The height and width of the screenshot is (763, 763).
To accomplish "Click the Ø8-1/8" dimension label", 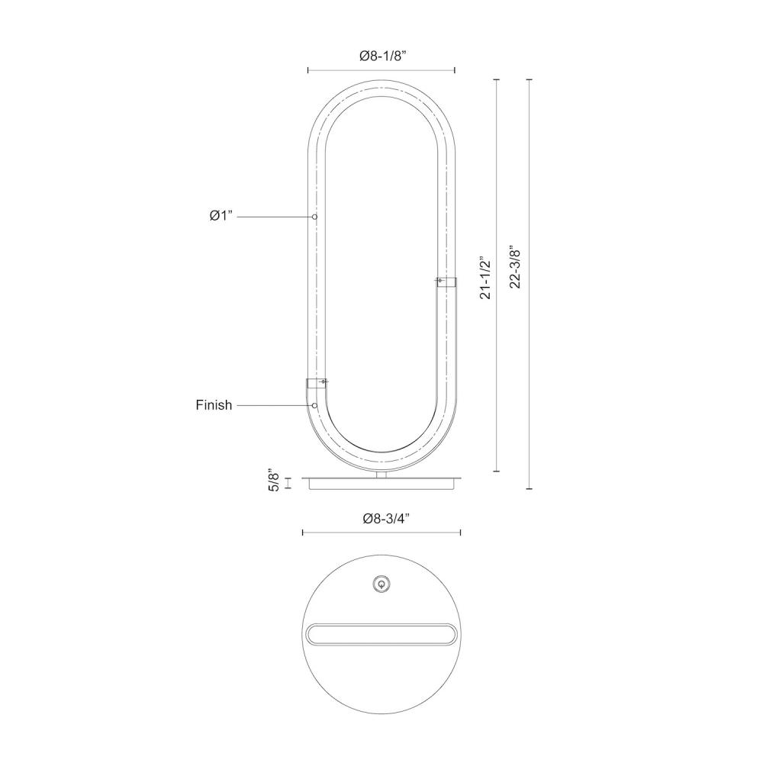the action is (x=382, y=56).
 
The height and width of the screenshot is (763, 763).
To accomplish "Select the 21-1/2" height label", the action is (x=485, y=278).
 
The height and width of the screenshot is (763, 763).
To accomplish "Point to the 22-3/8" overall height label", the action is (x=515, y=268).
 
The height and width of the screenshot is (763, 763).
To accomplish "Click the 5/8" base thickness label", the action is (x=275, y=481).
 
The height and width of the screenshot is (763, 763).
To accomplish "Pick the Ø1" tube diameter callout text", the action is (x=222, y=216).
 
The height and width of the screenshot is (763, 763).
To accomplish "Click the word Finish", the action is (x=214, y=405).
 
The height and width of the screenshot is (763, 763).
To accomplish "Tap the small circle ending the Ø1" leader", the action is (x=315, y=217).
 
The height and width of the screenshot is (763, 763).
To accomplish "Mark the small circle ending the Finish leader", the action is (x=315, y=405).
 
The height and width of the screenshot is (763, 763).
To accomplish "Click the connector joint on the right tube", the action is (x=446, y=282).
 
